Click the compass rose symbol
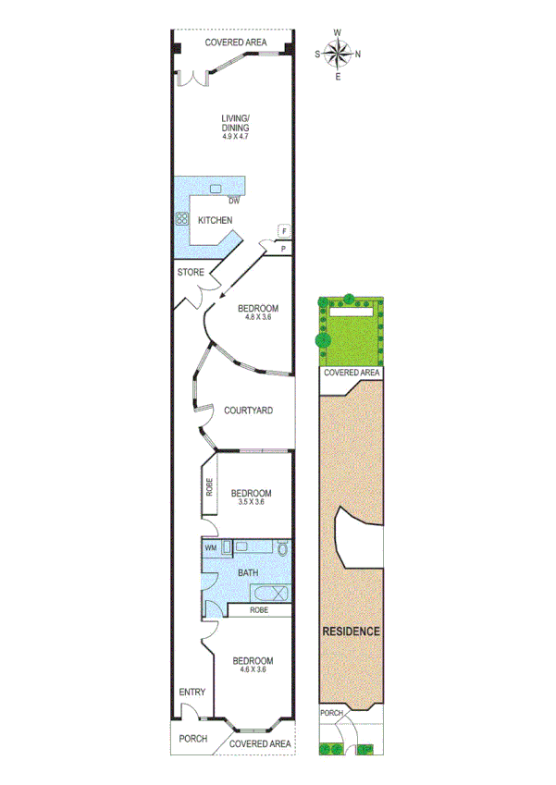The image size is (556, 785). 338,53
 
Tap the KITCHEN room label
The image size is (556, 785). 215,220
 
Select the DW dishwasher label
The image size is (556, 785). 234,201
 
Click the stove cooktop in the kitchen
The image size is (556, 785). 180,220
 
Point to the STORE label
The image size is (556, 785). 191,273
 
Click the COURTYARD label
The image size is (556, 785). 248,411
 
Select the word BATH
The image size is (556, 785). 248,573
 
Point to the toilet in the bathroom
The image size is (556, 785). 283,551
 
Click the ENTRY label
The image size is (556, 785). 192,692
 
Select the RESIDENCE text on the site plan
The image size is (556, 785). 352,632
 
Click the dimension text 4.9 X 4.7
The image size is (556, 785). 236,136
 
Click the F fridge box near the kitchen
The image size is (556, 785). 284,231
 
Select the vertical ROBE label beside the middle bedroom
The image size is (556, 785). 210,486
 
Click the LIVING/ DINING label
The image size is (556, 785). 236,122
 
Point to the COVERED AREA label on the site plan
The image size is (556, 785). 352,373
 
